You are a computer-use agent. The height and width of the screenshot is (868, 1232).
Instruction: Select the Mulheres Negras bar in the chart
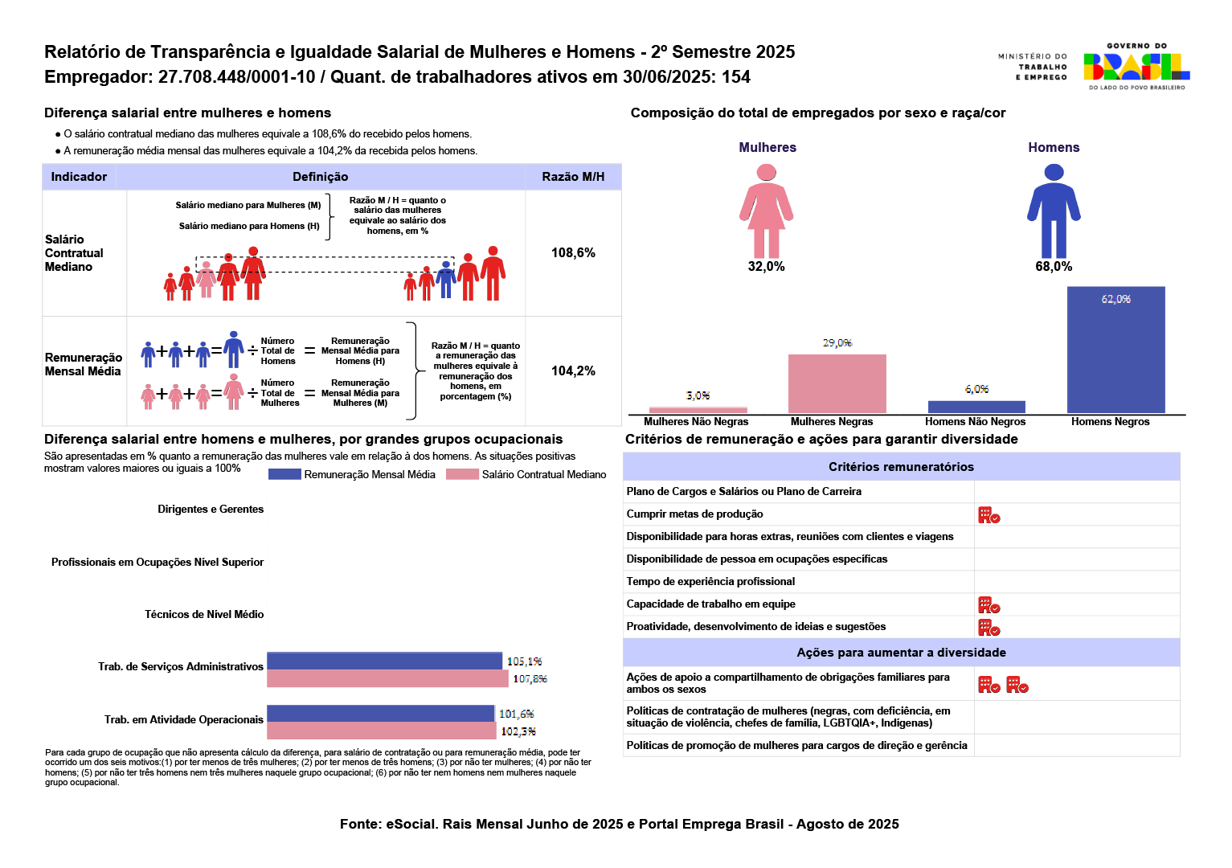(x=837, y=383)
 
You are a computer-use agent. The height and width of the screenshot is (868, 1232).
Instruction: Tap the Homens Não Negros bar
(x=976, y=407)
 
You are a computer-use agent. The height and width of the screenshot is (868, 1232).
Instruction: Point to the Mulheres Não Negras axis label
(x=696, y=422)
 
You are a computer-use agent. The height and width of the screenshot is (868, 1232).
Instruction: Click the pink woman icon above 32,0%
(x=767, y=211)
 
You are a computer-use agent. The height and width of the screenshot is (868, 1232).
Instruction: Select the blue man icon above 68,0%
(x=1054, y=211)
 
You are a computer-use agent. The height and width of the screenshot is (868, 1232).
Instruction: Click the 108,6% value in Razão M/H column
(x=573, y=253)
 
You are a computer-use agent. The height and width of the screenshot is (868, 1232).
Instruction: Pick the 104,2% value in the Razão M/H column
(x=573, y=371)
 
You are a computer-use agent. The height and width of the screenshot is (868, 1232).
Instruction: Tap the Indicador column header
(x=79, y=177)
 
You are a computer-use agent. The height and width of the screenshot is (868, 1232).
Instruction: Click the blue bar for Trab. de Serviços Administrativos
(x=384, y=661)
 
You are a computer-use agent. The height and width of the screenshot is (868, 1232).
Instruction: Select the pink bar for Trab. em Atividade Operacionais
(x=381, y=731)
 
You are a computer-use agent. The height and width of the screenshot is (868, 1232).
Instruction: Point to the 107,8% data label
(x=530, y=679)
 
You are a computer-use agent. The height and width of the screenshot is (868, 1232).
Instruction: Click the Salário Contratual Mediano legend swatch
(x=462, y=474)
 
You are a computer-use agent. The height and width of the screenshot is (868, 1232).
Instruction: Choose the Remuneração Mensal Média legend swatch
(x=284, y=474)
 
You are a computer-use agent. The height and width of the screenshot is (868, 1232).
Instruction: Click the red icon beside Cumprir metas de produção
(x=988, y=515)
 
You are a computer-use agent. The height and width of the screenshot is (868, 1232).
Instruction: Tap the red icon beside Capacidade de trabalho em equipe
(x=988, y=605)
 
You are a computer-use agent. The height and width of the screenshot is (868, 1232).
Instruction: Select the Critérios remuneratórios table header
(x=901, y=467)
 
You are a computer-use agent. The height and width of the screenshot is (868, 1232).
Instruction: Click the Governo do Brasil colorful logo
(x=1136, y=67)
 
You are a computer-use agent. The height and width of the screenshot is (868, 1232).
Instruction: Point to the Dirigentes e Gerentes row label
(x=211, y=510)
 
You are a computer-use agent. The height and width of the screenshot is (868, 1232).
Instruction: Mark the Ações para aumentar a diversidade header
(x=901, y=653)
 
